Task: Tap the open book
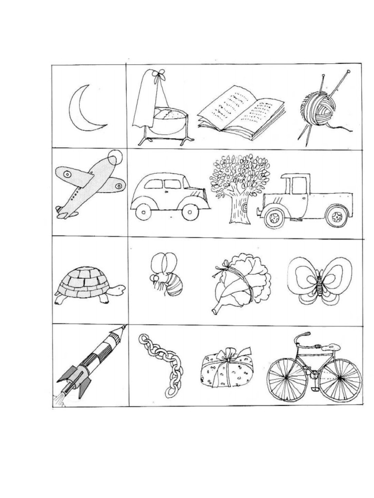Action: [241, 113]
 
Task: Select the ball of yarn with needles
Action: [318, 108]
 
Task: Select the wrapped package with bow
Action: [227, 368]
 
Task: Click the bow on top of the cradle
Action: [158, 74]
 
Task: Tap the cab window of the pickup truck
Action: [299, 185]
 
